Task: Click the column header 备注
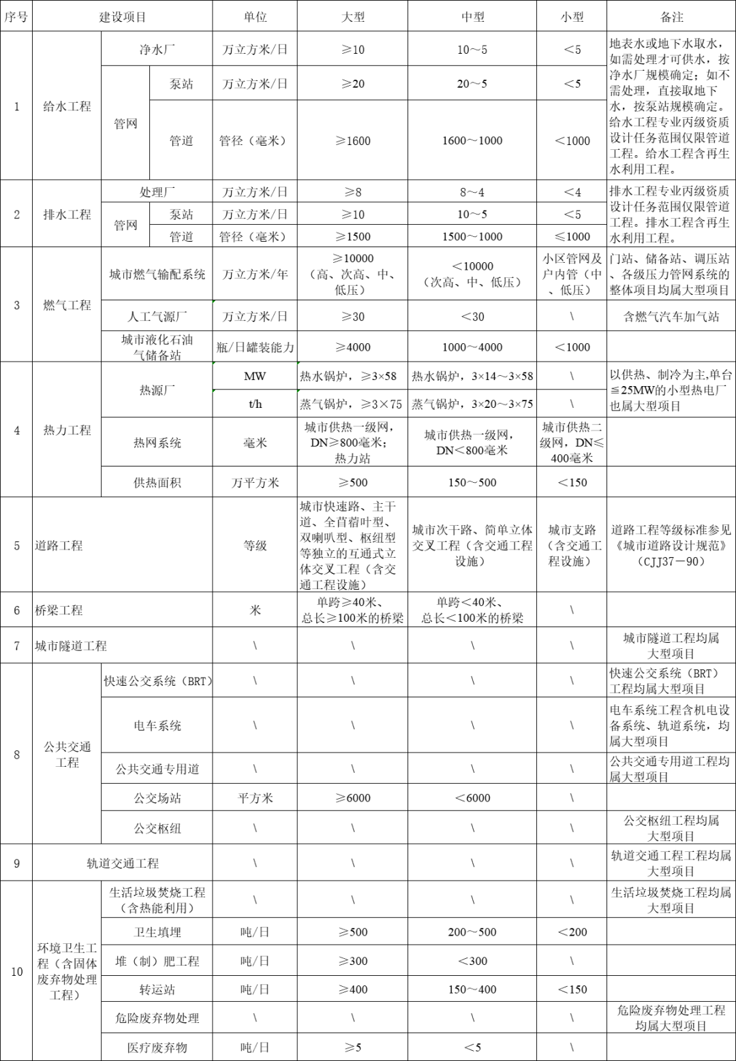(671, 17)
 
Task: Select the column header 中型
(472, 17)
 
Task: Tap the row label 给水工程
(67, 106)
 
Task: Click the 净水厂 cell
(157, 50)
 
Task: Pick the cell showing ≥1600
(353, 140)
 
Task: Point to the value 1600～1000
(472, 140)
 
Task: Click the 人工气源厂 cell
(157, 317)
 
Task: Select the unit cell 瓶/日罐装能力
(255, 347)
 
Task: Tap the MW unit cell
(255, 376)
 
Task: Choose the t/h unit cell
(255, 404)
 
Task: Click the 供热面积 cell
(157, 483)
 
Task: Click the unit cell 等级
(255, 545)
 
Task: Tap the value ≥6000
(353, 798)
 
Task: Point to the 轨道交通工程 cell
(123, 864)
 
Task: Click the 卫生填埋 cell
(157, 932)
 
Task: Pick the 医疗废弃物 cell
(157, 1047)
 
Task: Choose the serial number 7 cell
(17, 646)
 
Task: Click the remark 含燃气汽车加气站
(671, 317)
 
